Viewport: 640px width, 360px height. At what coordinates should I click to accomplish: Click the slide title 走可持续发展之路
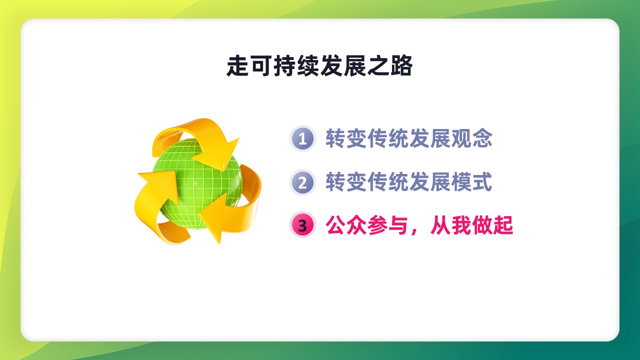coord(319,65)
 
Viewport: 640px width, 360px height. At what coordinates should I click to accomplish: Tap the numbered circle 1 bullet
coord(302,138)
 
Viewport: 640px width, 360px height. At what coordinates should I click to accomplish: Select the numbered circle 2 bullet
coord(302,182)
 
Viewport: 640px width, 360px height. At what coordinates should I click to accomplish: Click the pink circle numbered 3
coord(302,225)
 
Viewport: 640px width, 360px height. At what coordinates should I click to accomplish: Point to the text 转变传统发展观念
coord(409,138)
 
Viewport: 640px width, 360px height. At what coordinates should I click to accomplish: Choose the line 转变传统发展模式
coord(409,182)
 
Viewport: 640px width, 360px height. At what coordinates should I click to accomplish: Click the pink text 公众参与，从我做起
coord(419,225)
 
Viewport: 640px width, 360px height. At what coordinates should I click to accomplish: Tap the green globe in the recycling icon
coord(197,183)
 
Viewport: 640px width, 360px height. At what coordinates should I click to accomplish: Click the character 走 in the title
coord(237,65)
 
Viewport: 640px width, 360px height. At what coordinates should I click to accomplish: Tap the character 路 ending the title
coord(401,65)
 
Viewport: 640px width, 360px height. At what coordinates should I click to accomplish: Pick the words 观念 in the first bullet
coord(471,138)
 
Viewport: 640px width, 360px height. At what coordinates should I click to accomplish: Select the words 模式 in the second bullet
coord(471,182)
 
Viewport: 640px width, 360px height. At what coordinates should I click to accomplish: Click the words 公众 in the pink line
coord(346,225)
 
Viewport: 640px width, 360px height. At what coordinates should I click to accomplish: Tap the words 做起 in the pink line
coord(493,225)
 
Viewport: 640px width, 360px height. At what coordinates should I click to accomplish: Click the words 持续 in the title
coord(296,65)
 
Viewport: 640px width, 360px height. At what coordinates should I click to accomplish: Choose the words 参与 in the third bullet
coord(387,225)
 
